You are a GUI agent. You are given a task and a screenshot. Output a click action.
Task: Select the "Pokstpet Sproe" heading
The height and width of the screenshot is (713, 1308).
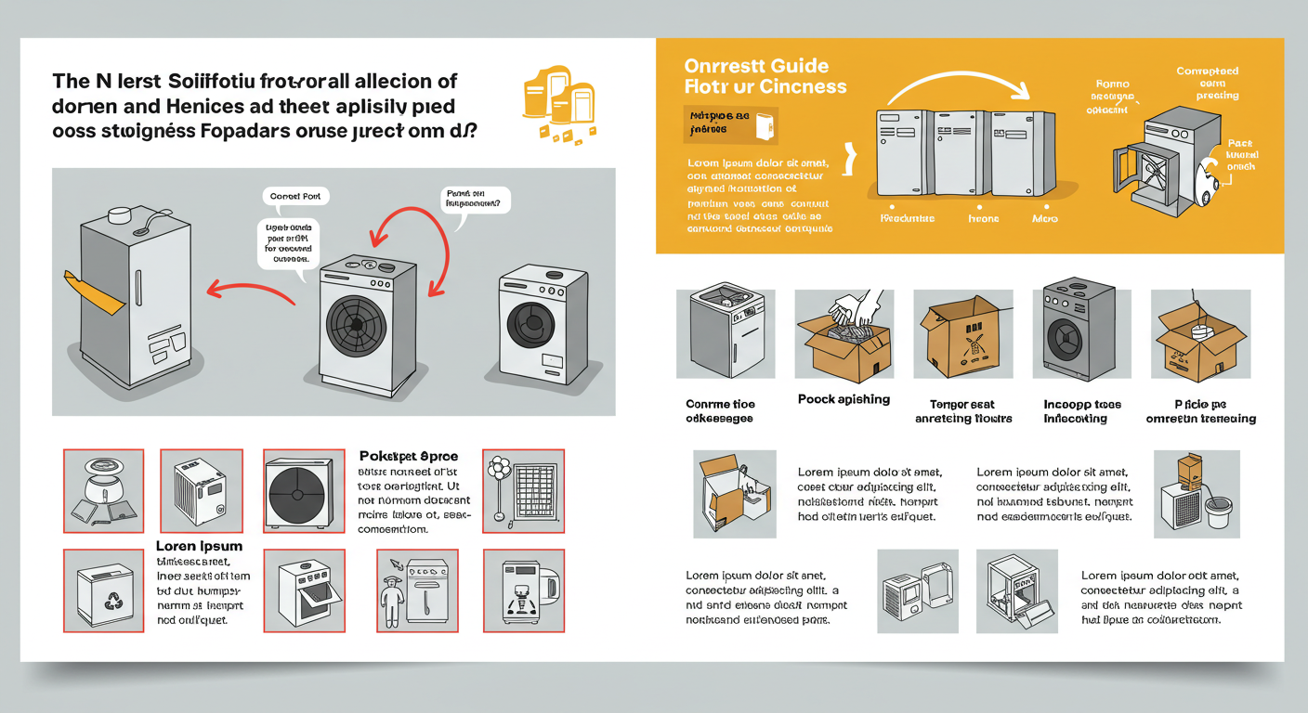point(409,457)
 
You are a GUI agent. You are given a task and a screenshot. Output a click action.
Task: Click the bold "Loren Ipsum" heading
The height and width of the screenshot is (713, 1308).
point(199,546)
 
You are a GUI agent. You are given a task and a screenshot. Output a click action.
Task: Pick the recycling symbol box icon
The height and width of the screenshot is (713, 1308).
point(103,590)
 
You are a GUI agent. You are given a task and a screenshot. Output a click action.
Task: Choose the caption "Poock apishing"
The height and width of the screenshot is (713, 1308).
point(844,399)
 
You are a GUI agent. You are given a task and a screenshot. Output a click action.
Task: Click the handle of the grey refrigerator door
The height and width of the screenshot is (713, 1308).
point(137,289)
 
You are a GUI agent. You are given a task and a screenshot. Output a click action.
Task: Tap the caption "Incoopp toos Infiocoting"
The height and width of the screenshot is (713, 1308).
point(1082,411)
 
